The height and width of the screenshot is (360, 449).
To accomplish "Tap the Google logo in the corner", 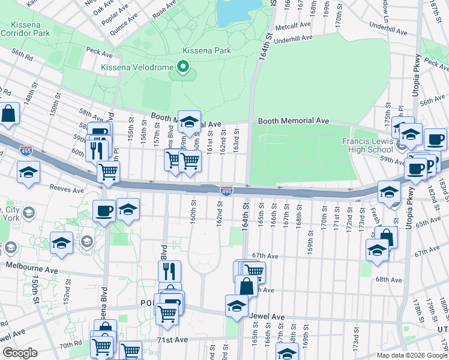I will point(20,352).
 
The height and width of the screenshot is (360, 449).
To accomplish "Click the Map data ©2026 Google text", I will point(412,355).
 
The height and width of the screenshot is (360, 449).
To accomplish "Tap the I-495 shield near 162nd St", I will point(226,191).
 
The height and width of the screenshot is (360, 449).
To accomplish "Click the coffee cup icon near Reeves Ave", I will point(104,210).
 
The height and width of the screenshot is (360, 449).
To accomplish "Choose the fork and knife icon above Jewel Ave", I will point(169,271).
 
